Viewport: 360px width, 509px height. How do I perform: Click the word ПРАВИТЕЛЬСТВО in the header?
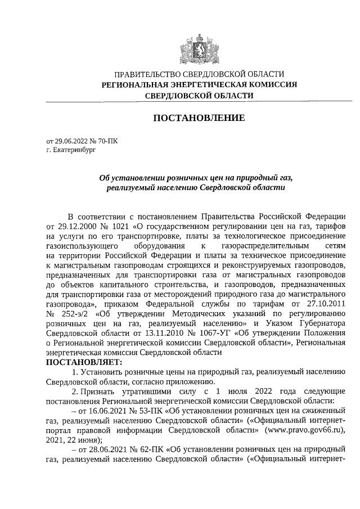[x=148, y=74]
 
